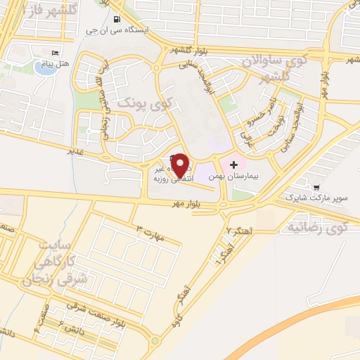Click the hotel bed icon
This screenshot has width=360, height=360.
pos(56,53)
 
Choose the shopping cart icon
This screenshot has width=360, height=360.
pos(316,187)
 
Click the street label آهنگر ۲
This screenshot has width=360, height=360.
pos(238,231)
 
